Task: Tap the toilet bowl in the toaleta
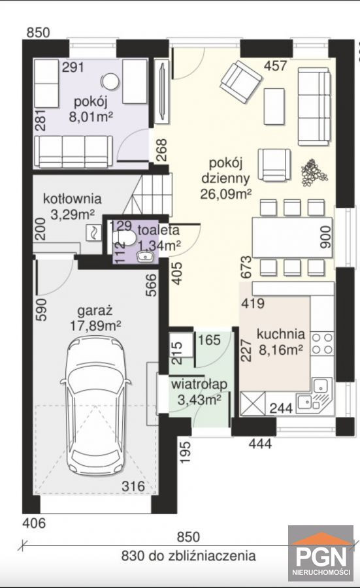(x=125, y=238)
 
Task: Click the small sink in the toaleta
(x=145, y=256)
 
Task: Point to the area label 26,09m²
(x=226, y=194)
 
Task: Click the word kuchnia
(x=280, y=333)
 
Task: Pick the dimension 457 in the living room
(x=276, y=65)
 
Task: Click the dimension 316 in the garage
(x=133, y=486)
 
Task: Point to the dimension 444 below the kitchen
(x=260, y=444)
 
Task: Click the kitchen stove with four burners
(x=322, y=344)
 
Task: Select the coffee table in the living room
(x=274, y=106)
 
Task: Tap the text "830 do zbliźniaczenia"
(x=188, y=555)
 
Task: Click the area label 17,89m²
(x=95, y=325)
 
